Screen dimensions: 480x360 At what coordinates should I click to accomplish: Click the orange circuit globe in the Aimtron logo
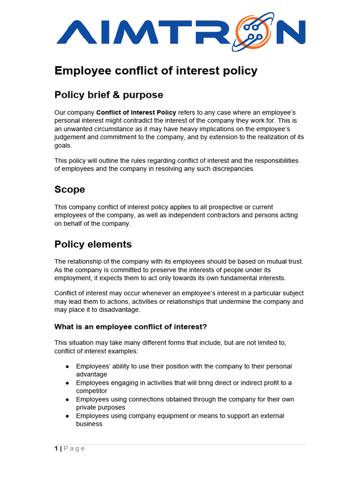click(x=255, y=31)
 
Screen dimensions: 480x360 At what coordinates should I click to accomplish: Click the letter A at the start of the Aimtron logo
click(x=75, y=32)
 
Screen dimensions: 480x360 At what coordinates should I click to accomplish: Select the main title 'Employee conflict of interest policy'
click(x=156, y=71)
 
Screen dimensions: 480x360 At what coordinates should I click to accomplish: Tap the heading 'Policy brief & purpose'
click(x=109, y=95)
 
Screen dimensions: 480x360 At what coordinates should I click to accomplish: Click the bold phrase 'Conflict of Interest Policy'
click(x=136, y=112)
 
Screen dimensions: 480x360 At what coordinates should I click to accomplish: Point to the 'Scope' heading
click(x=70, y=189)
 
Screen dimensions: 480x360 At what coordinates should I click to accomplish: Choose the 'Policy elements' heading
click(x=93, y=244)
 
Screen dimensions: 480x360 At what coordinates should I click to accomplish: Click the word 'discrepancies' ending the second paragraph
click(x=233, y=169)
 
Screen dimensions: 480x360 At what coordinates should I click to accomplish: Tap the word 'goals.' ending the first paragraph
click(x=64, y=145)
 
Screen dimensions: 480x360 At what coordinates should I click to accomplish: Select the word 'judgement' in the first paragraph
click(x=69, y=137)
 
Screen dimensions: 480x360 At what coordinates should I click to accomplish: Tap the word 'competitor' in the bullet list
click(x=91, y=391)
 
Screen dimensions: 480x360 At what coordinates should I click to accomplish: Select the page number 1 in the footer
click(x=56, y=449)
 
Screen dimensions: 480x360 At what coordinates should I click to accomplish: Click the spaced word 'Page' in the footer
click(x=74, y=449)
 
